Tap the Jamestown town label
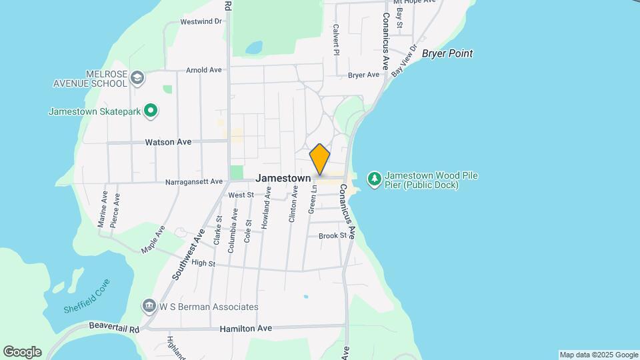[x=283, y=179]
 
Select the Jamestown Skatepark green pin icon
[x=151, y=111]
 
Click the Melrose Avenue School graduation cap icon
[x=137, y=78]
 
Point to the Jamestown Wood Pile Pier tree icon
[x=374, y=179]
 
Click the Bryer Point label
[x=447, y=53]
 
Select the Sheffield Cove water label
[x=86, y=296]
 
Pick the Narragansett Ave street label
[x=193, y=181]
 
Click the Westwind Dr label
[x=201, y=21]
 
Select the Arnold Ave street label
[x=203, y=70]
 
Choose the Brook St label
[x=333, y=236]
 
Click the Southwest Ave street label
[x=189, y=253]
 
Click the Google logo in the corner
[x=22, y=352]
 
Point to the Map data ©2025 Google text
[x=599, y=355]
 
